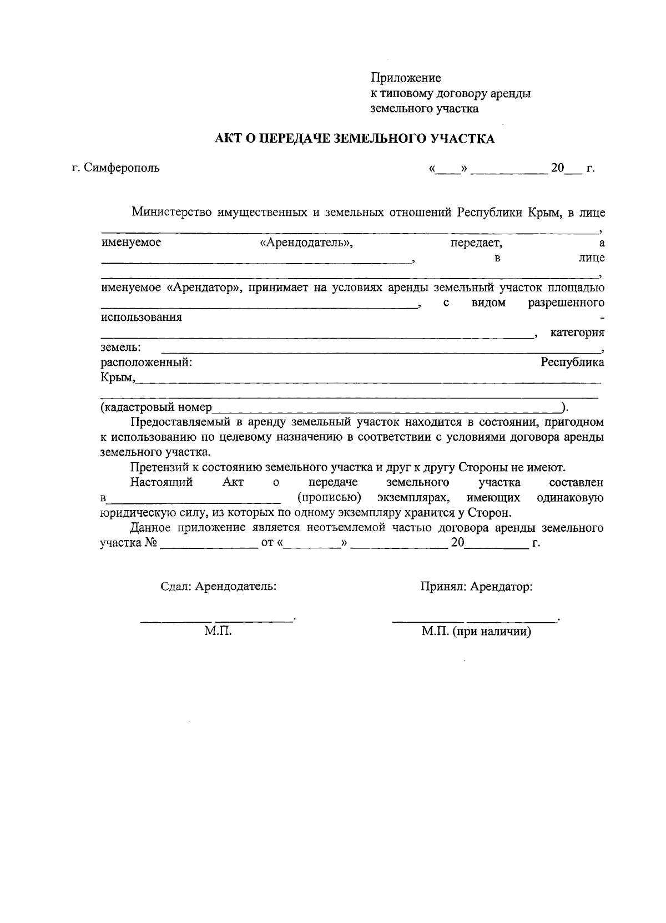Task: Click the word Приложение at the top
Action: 406,78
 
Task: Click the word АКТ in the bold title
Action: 229,139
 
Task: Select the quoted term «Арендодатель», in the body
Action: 306,243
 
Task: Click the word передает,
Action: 476,243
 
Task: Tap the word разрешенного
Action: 566,303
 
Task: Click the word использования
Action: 141,317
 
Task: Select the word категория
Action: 577,332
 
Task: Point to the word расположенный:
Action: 146,362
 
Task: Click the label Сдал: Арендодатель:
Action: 218,587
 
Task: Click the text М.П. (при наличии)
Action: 476,632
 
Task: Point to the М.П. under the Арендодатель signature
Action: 218,632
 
